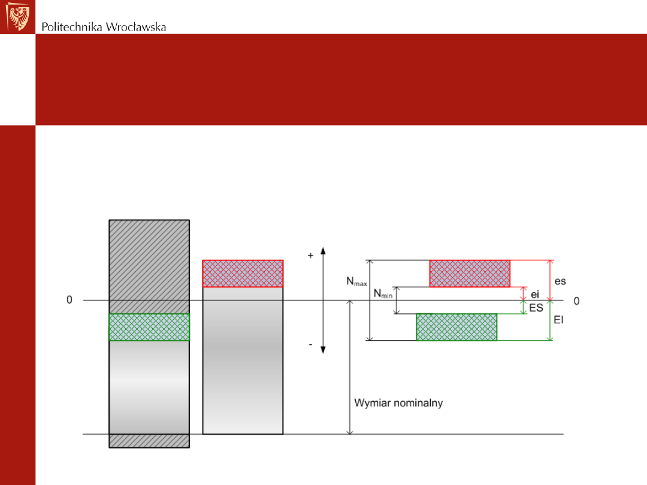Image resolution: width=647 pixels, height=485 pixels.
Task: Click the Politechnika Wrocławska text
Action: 104,27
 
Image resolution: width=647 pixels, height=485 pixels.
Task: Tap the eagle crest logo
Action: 17,17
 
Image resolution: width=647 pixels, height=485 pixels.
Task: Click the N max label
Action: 357,281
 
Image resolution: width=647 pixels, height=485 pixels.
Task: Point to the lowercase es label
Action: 560,280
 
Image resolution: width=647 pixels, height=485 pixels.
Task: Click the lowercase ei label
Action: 535,294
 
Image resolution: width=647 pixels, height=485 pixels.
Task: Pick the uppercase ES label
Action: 536,307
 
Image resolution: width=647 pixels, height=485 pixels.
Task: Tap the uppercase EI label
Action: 559,320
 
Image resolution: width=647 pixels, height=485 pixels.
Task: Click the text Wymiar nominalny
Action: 398,403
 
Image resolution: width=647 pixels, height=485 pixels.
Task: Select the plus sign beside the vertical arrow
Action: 310,255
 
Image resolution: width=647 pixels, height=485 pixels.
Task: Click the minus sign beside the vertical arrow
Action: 310,345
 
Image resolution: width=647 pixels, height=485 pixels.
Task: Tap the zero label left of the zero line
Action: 69,300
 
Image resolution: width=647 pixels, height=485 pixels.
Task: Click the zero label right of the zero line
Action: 576,301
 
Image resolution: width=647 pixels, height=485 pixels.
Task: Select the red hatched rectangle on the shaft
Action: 243,274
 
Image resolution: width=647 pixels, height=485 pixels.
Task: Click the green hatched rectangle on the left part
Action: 149,327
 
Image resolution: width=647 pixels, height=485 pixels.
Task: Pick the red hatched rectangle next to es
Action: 470,274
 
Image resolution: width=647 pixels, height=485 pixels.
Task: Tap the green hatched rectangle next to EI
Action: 456,327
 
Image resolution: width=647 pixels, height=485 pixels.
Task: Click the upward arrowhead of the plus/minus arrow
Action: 323,251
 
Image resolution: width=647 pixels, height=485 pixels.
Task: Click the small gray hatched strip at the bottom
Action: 149,441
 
